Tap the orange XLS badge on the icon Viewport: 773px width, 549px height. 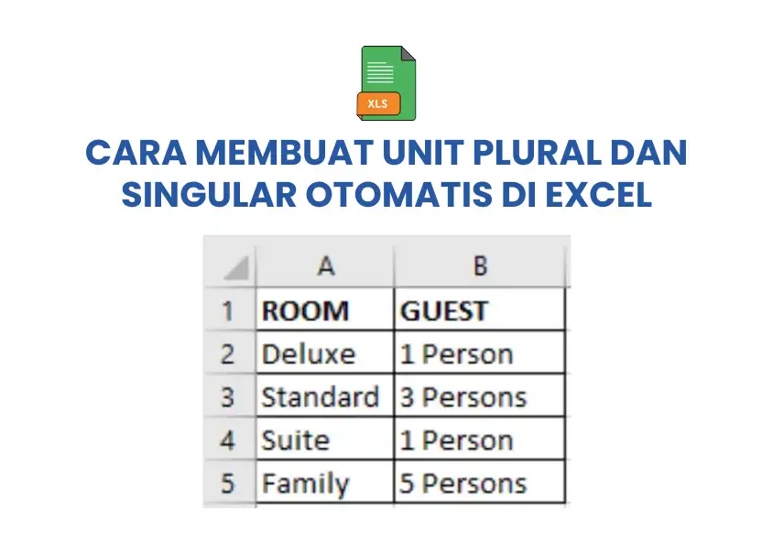[x=377, y=103]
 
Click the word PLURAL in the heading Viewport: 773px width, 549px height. [x=519, y=153]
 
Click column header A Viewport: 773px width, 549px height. [x=325, y=266]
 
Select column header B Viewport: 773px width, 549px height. [x=480, y=266]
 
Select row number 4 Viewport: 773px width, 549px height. [x=228, y=441]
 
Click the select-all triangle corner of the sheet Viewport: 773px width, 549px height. [x=235, y=268]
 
